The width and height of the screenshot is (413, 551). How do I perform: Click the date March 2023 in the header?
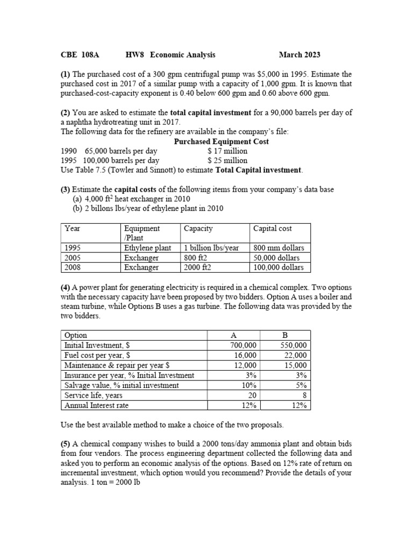pos(300,55)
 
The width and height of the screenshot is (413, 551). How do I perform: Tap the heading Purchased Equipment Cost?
pos(222,142)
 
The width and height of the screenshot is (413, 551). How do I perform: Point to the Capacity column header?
pos(198,229)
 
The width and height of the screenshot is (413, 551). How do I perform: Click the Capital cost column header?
pos(273,229)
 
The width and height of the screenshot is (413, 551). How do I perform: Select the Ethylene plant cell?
pos(148,248)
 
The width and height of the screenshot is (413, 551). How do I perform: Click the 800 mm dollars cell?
pos(279,248)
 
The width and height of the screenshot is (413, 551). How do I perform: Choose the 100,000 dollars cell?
pos(279,267)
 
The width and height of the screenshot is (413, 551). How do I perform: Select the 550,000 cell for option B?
pos(294,345)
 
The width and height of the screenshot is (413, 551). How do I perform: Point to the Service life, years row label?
pos(93,395)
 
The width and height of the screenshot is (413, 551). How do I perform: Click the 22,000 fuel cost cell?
pos(296,355)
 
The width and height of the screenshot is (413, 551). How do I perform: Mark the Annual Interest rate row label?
pos(97,405)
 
